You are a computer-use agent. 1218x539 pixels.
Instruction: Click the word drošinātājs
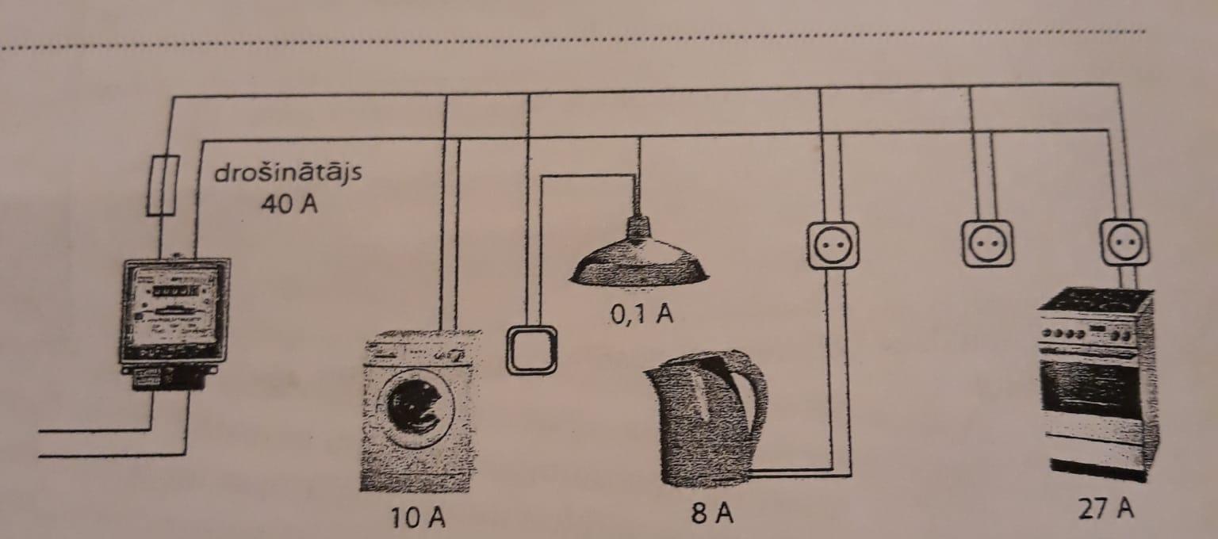(x=288, y=174)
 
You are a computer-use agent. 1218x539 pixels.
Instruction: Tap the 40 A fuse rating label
(x=289, y=204)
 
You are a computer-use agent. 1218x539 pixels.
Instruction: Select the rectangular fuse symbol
(x=163, y=185)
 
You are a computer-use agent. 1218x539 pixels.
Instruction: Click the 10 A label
(x=418, y=518)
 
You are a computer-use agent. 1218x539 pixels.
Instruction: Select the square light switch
(x=531, y=350)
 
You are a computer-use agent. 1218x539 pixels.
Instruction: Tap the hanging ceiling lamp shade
(x=639, y=260)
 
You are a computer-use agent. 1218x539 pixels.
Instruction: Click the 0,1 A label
(x=641, y=314)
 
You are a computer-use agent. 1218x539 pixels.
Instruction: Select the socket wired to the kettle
(x=833, y=246)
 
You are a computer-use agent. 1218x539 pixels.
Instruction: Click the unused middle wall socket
(x=987, y=243)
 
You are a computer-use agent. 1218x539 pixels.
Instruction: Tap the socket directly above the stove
(x=1124, y=243)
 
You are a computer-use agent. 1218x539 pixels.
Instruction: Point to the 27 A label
(x=1106, y=509)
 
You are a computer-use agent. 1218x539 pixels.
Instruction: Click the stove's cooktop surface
(x=1096, y=300)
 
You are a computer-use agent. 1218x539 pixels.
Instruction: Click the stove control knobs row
(x=1087, y=333)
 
